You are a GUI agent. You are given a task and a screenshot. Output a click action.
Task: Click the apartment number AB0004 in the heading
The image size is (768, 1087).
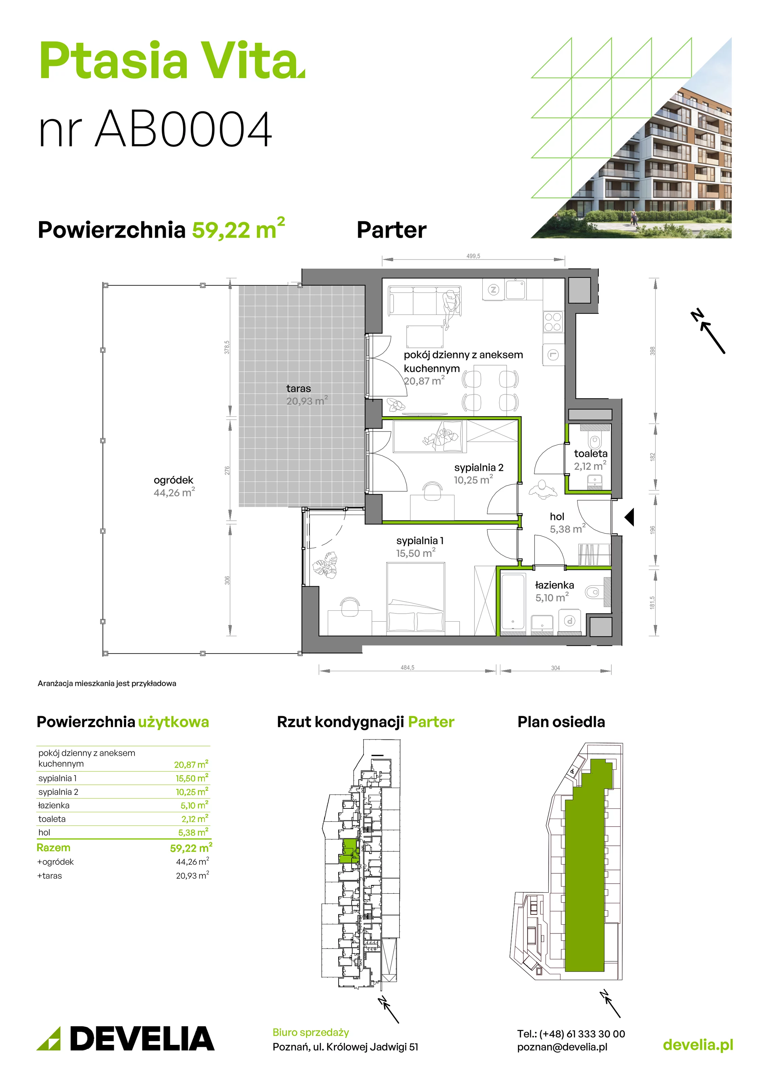184,129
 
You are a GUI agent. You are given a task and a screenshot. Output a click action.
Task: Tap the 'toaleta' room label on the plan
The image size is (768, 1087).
590,453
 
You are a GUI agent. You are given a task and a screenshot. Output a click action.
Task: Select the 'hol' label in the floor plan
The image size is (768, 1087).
557,517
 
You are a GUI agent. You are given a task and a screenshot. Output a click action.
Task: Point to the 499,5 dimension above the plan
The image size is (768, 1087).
473,256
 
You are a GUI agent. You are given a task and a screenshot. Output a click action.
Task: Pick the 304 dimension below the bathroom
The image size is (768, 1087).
555,668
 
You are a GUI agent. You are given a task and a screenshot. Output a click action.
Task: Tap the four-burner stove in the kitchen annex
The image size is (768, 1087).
553,322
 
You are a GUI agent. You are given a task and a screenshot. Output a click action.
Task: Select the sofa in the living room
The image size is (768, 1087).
424,301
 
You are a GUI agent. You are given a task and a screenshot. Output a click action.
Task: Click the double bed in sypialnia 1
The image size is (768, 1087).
416,599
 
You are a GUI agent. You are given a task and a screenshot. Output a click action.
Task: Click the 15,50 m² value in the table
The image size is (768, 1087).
192,778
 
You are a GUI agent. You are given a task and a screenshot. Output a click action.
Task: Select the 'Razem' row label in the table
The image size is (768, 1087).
54,848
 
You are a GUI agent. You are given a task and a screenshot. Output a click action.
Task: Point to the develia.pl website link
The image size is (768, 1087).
698,1045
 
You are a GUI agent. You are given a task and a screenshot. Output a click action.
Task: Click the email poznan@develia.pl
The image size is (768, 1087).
562,1047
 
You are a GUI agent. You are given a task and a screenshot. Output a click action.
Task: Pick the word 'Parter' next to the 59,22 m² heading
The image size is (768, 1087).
392,230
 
